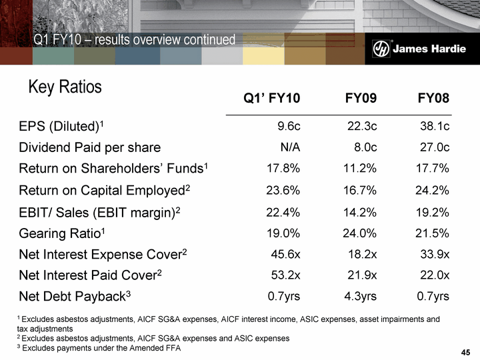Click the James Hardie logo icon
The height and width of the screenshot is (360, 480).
(381, 49)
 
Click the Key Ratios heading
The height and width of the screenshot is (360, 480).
(65, 87)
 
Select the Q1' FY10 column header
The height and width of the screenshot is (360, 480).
(272, 99)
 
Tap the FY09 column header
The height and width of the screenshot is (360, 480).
(361, 99)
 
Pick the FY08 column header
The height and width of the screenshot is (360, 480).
(433, 99)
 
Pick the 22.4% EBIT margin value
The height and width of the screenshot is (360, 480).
(283, 211)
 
